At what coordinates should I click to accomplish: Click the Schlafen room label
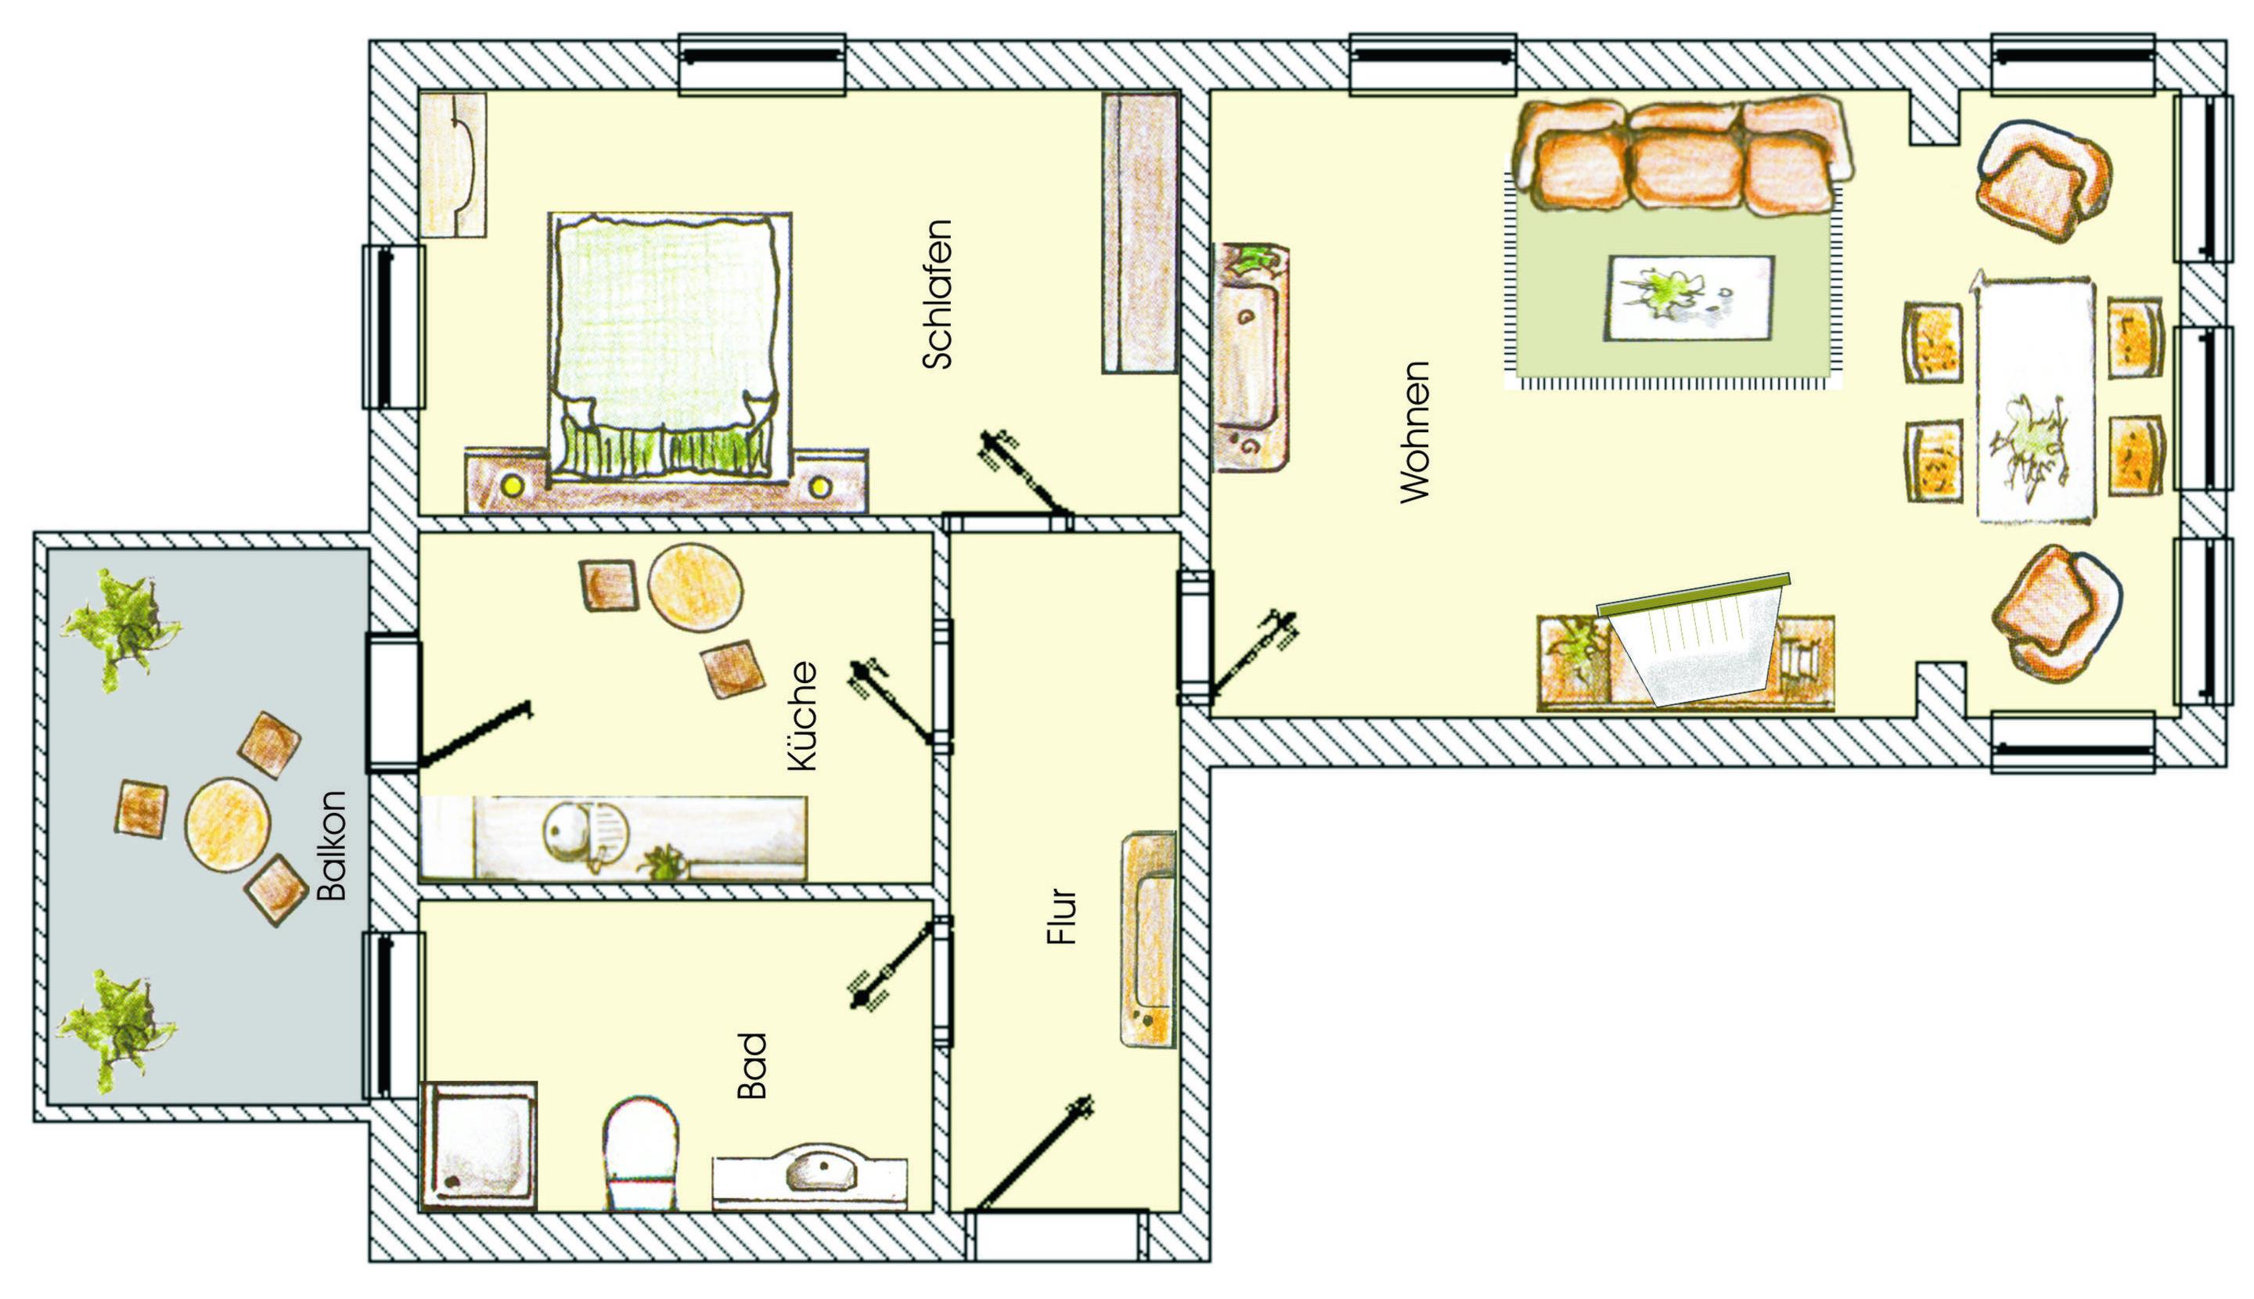point(938,294)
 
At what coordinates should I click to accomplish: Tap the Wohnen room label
point(1414,432)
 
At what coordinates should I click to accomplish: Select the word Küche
point(802,715)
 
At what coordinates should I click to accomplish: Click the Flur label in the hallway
point(1062,916)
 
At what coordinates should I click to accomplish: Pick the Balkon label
point(331,845)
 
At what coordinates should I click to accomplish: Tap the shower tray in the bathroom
point(478,1146)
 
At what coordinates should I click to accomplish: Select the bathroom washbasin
point(809,1182)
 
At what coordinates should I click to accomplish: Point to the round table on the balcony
point(228,826)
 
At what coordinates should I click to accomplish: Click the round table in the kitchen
point(695,588)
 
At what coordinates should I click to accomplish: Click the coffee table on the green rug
point(1690,297)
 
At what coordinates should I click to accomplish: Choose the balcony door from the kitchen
point(475,734)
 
